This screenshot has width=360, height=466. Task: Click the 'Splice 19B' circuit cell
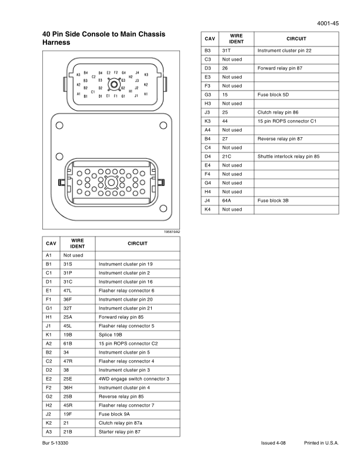[x=111, y=335]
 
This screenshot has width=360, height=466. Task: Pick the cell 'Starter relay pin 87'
[x=120, y=432]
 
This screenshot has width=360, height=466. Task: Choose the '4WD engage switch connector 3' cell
[x=134, y=379]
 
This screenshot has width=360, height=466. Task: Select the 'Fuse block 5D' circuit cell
[x=273, y=95]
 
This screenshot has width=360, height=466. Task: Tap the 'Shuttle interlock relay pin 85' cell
[x=288, y=157]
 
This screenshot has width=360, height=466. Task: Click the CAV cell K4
[x=207, y=209]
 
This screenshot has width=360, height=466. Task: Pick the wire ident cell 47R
[x=68, y=361]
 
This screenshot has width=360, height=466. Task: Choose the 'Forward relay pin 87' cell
[x=280, y=68]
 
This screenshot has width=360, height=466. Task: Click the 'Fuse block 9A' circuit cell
[x=114, y=414]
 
